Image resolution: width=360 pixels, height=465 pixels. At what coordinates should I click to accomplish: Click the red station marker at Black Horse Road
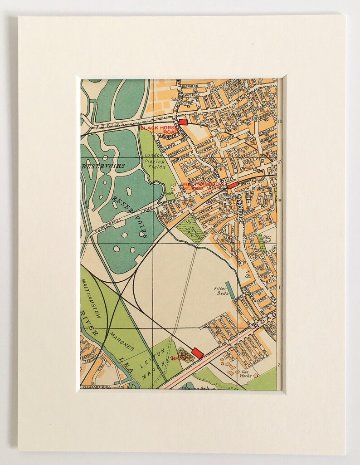tap(183, 122)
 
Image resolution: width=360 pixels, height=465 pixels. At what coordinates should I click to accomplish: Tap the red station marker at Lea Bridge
tap(197, 352)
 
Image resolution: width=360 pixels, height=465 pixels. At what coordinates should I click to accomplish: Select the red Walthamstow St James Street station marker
tap(232, 185)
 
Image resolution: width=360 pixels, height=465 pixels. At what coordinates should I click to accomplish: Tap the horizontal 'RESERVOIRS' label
tap(103, 166)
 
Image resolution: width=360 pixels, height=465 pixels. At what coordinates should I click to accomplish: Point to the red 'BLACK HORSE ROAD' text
tap(158, 130)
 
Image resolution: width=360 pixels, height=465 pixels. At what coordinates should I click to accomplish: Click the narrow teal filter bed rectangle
tap(230, 290)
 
